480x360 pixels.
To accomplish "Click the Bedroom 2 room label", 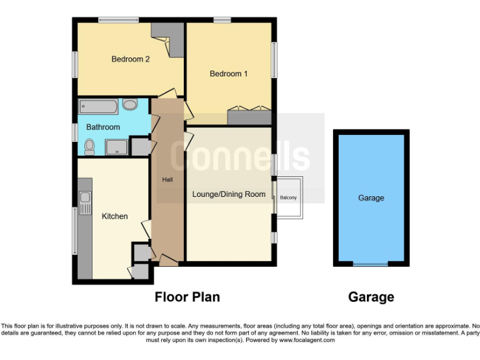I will [x=130, y=59].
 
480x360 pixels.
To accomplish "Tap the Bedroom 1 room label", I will [x=228, y=74].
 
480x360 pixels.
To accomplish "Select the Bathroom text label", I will [x=103, y=127].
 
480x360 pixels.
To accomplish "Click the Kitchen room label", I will [x=114, y=216].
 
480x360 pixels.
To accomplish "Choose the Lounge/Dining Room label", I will [x=228, y=194].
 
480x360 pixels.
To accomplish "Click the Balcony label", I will [x=288, y=198].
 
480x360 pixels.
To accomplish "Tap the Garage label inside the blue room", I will [x=371, y=197].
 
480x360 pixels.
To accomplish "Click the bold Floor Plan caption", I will [x=187, y=297].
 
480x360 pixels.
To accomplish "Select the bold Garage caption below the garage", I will [x=371, y=297].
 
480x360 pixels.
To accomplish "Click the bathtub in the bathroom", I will [x=98, y=106].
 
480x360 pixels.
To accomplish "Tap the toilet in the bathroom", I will [x=89, y=147].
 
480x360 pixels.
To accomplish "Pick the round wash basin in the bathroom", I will [x=130, y=105].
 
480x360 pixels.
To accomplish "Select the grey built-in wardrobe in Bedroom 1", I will [x=249, y=116].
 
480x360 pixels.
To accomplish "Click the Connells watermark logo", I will [x=241, y=157].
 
